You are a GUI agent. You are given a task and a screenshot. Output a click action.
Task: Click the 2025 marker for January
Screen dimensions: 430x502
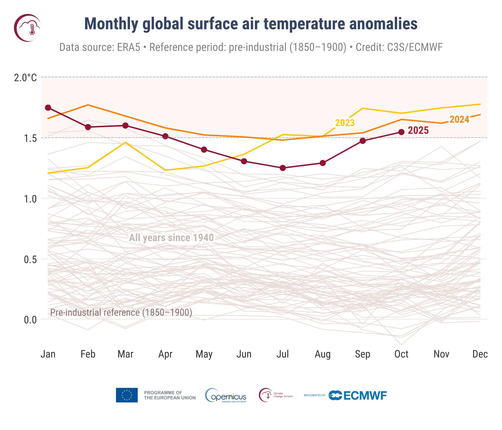click(48, 108)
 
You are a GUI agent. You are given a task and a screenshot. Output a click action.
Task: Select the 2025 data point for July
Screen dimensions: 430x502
click(283, 168)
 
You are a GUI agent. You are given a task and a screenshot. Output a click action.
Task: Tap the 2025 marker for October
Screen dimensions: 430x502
click(401, 132)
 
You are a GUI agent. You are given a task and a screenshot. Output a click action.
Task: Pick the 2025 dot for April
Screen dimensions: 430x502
click(165, 136)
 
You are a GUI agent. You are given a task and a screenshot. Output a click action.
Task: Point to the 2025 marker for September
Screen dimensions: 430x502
click(363, 141)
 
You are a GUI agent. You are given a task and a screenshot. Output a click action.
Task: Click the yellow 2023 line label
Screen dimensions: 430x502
click(345, 123)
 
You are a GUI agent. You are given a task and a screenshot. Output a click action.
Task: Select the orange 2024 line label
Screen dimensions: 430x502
click(459, 120)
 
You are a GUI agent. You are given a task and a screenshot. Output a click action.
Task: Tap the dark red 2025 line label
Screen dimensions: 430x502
click(418, 131)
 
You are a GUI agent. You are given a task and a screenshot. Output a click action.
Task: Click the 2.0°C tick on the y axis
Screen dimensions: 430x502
click(25, 77)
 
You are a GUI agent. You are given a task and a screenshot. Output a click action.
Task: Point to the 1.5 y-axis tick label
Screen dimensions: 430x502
click(30, 138)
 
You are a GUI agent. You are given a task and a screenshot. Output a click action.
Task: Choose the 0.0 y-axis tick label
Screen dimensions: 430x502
click(30, 320)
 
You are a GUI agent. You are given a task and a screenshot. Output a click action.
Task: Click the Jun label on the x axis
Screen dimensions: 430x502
click(244, 354)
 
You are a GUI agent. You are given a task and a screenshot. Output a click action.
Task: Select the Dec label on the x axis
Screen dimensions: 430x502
click(480, 354)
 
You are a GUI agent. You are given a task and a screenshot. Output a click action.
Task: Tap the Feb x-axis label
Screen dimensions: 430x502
click(88, 354)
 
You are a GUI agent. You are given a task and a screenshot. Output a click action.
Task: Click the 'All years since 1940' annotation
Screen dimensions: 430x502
click(171, 238)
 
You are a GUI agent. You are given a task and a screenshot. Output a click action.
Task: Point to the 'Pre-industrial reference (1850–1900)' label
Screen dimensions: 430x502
click(121, 312)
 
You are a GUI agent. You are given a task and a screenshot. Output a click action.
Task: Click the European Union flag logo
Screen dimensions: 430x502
click(127, 395)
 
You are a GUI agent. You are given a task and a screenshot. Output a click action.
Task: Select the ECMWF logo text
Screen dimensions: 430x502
click(365, 396)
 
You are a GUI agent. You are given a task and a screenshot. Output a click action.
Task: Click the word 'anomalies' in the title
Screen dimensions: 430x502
click(383, 24)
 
